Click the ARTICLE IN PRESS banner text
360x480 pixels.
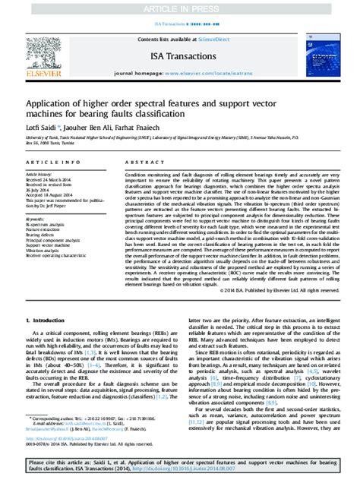180,8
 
